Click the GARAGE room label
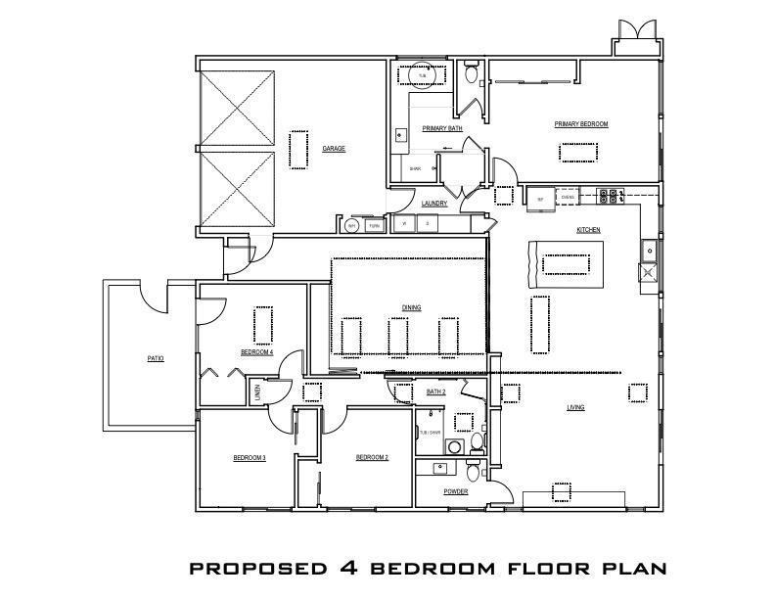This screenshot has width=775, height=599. coord(334,149)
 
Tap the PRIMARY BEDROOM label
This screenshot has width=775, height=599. coord(581,124)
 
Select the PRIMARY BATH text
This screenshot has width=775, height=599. coord(442,128)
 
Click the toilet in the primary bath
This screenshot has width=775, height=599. coord(472,74)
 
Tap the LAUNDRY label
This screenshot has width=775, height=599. coord(434,204)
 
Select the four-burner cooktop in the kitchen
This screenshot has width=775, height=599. coord(611,197)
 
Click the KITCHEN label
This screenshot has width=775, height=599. coord(588,230)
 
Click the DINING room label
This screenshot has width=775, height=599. coord(411,308)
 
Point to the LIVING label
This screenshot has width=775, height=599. coord(576,407)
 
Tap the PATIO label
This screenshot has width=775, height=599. coord(156,359)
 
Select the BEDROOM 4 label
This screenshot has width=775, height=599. coord(257,352)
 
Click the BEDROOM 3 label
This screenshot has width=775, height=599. coord(250,458)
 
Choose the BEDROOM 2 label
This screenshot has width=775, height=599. coord(372,458)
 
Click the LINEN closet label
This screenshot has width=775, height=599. coord(257,392)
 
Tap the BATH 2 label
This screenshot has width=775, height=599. coord(436,392)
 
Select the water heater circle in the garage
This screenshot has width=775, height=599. coord(352,226)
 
